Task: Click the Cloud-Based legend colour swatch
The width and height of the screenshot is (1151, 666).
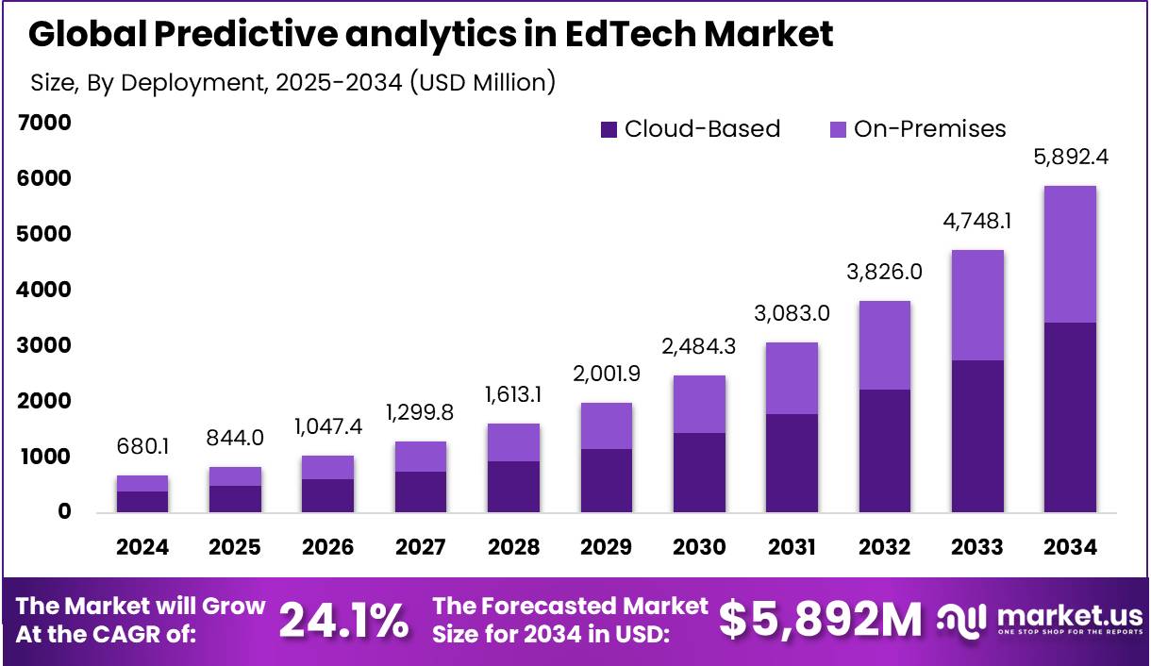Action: (609, 130)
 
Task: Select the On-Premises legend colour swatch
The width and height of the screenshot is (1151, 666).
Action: (838, 130)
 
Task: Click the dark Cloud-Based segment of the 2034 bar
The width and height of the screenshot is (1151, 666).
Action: (1070, 417)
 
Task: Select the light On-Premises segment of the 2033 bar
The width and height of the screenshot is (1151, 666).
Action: (977, 305)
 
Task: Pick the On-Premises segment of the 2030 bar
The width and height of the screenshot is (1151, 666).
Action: (699, 404)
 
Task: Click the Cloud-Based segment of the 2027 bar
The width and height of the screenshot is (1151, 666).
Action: (421, 491)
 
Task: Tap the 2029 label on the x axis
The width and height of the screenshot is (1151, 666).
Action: (607, 547)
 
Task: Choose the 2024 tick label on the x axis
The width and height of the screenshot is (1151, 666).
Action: (142, 547)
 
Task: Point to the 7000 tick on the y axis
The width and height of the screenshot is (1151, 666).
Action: (43, 123)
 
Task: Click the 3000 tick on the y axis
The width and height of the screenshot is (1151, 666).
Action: (43, 345)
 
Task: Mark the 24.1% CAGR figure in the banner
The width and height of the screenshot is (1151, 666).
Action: (344, 620)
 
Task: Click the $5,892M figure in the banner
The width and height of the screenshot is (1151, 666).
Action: (820, 620)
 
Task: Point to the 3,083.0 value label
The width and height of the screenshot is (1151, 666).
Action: (792, 313)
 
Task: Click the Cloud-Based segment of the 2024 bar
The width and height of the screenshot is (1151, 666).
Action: (142, 502)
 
